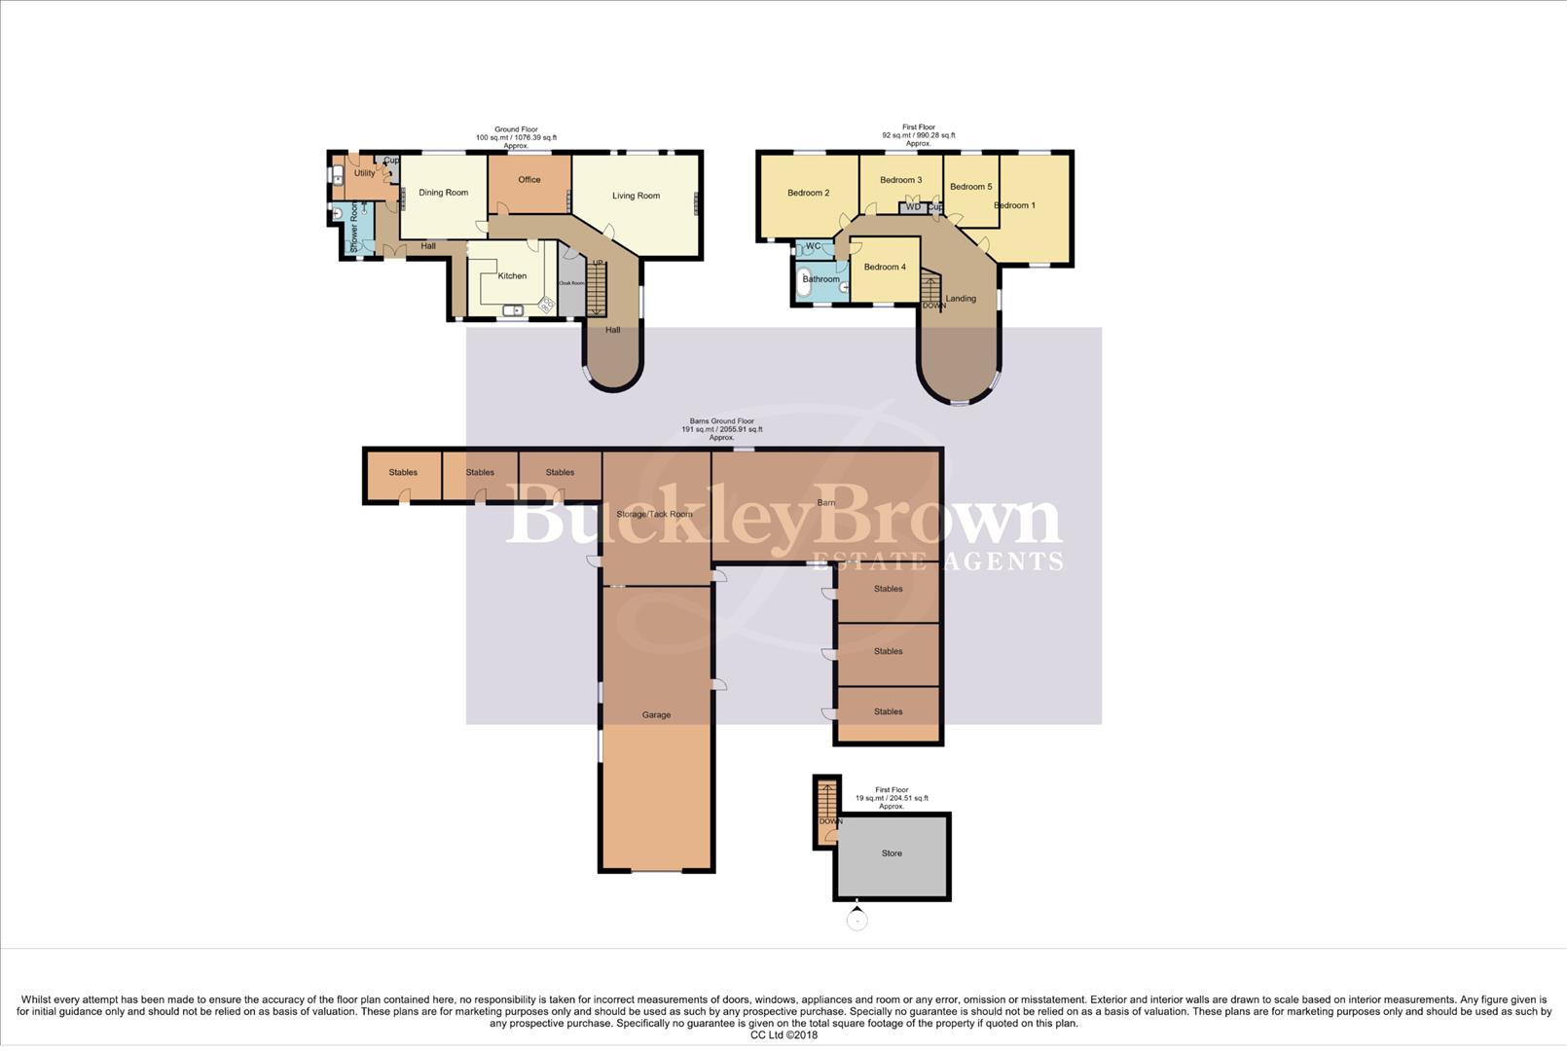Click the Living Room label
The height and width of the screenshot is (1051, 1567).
(636, 196)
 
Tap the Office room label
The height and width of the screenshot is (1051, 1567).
(528, 180)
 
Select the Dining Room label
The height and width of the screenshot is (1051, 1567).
(443, 193)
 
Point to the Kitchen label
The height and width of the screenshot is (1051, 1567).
(512, 276)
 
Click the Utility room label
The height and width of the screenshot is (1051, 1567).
(364, 173)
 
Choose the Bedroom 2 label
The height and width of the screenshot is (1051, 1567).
(808, 193)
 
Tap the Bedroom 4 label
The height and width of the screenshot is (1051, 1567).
(884, 268)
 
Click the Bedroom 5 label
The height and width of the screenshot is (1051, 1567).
(970, 187)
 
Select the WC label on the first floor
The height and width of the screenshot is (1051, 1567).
(813, 247)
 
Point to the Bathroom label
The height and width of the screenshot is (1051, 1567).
(820, 279)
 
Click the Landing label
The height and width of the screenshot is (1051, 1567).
(960, 299)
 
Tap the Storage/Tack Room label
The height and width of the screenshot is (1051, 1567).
(654, 514)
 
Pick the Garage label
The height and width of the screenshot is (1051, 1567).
(656, 715)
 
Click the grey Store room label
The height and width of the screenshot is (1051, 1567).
(891, 853)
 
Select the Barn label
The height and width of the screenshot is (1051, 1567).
(825, 503)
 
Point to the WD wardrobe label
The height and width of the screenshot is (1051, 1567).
(912, 207)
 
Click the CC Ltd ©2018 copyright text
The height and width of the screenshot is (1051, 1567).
(783, 1035)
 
